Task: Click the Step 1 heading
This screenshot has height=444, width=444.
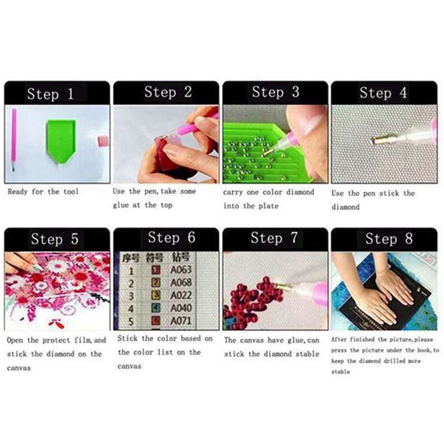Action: [50, 93]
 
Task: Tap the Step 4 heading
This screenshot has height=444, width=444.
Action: [383, 93]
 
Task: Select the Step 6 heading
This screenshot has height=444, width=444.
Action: [171, 238]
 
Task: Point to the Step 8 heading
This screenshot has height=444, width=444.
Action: [389, 239]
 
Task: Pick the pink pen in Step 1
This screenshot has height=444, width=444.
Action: [13, 139]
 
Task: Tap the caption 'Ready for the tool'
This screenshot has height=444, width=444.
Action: [43, 192]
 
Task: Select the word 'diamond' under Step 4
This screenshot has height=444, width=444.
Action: [346, 207]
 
